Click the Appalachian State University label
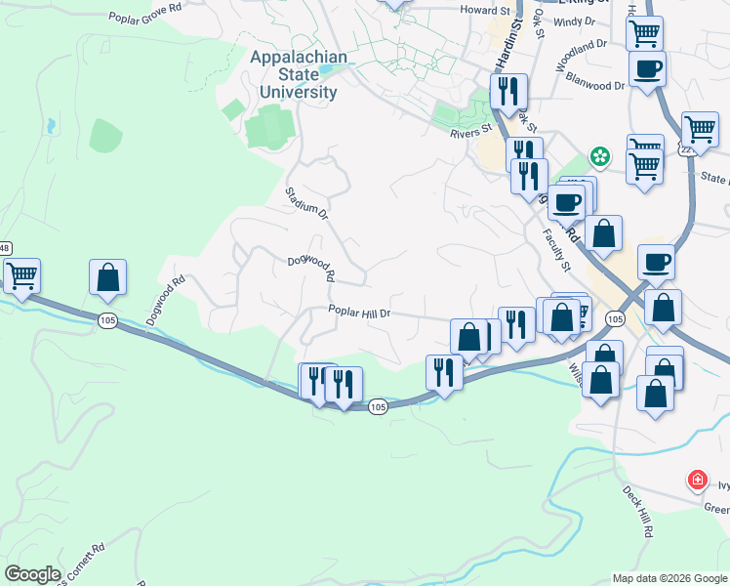298,75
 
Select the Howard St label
479,9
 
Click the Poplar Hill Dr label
359,313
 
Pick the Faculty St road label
556,249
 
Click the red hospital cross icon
697,480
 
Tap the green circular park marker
599,156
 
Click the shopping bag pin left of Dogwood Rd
107,276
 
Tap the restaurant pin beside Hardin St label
508,91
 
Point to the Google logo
32,574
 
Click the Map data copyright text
669,578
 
